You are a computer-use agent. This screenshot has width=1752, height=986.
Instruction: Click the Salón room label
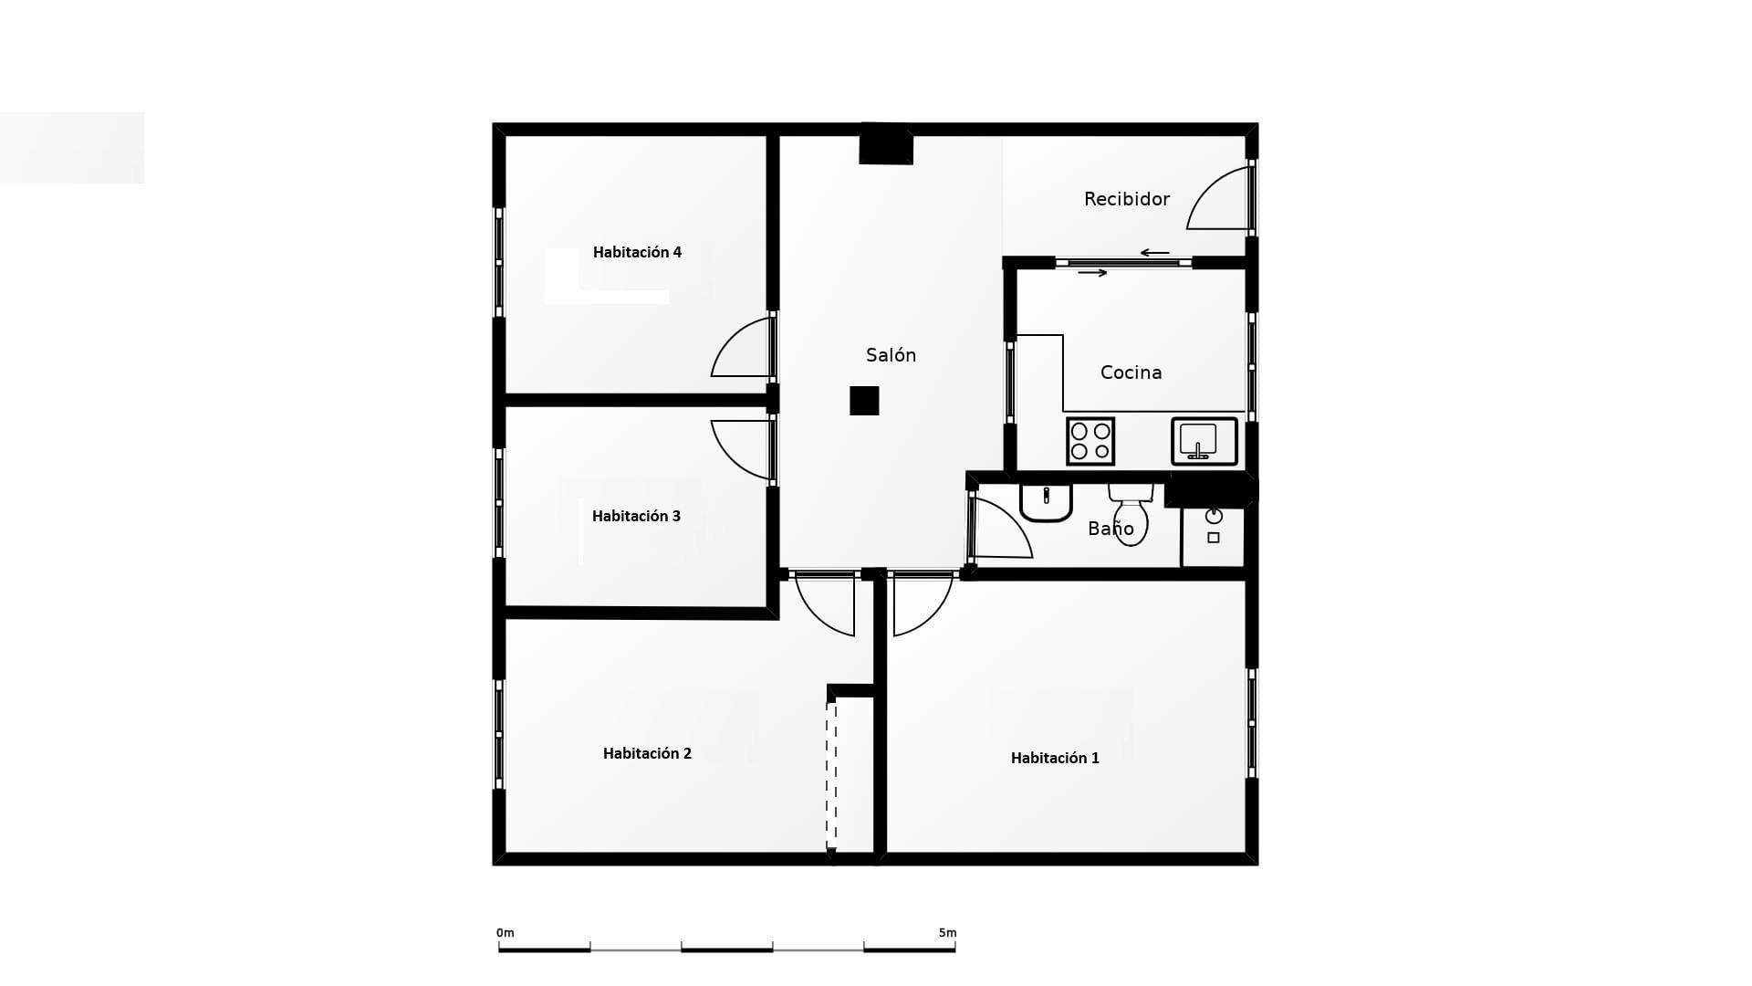pos(891,355)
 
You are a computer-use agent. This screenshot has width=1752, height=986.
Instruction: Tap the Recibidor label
pos(1126,199)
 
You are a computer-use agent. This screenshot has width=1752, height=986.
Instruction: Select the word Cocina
pos(1131,372)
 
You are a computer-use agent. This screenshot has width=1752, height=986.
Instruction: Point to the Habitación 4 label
pos(637,252)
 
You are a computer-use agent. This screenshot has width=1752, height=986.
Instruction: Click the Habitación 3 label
pos(636,516)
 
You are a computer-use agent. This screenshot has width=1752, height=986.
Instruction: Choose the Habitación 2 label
pos(647,753)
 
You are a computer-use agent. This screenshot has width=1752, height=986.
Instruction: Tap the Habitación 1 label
pos(1055,758)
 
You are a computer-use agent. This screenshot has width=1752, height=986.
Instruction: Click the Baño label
pos(1111,529)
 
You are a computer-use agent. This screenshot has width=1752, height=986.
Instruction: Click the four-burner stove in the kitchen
pos(1090,441)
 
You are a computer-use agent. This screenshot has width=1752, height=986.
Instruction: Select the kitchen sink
pos(1204,441)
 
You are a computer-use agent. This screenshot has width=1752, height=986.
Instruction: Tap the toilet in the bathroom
pos(1131,518)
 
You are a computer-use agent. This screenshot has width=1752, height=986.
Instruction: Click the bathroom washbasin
pos(1046,502)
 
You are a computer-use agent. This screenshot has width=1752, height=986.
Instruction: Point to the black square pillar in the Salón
pos(864,401)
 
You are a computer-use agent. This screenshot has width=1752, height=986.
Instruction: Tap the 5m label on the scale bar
pos(947,932)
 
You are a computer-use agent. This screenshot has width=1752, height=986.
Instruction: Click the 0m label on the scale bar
pos(505,932)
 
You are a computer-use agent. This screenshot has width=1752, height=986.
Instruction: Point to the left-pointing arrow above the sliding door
pos(1154,253)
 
